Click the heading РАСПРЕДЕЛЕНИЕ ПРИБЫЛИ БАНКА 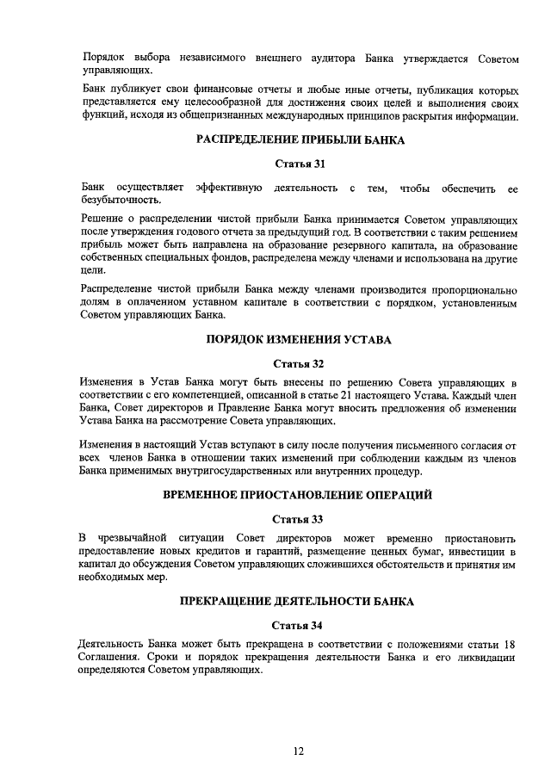coord(299,140)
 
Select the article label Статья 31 coord(299,164)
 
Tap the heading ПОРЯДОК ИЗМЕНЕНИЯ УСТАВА coord(299,340)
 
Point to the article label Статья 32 coord(299,363)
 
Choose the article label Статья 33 coord(299,519)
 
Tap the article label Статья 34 coord(299,625)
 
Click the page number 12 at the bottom coord(299,751)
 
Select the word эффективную coord(229,187)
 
